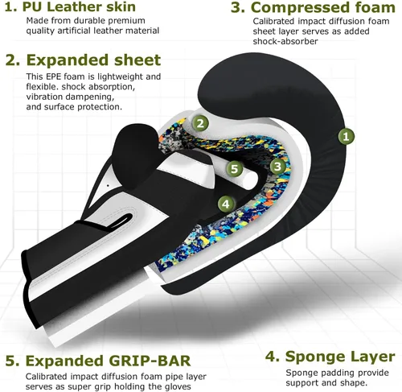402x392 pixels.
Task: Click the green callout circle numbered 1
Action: pyautogui.click(x=346, y=136)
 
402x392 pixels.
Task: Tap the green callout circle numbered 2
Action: pyautogui.click(x=200, y=123)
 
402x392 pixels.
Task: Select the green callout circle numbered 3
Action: pyautogui.click(x=277, y=167)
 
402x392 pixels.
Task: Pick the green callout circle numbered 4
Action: pyautogui.click(x=226, y=204)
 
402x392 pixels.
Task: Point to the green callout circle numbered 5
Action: pyautogui.click(x=235, y=169)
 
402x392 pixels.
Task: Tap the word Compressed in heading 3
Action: pyautogui.click(x=300, y=7)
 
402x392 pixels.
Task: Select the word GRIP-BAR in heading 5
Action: pyautogui.click(x=150, y=361)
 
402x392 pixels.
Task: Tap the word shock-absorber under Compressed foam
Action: pyautogui.click(x=285, y=41)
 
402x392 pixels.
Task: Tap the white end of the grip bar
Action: pyautogui.click(x=250, y=179)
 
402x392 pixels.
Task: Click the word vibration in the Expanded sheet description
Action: pyautogui.click(x=44, y=97)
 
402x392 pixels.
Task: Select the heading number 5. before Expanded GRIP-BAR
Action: pyautogui.click(x=13, y=361)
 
